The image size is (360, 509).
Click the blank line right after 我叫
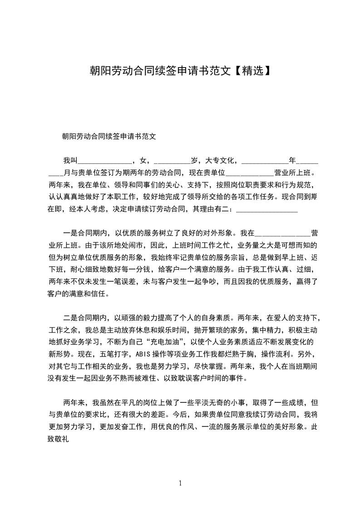tap(105, 160)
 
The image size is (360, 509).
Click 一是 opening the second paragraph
tap(70, 234)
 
